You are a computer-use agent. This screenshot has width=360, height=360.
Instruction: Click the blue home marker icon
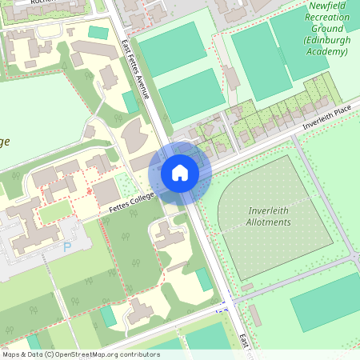pyautogui.click(x=180, y=172)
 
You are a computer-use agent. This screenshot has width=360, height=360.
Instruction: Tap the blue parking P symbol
pyautogui.click(x=67, y=247)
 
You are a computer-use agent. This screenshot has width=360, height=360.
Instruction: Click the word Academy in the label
pyautogui.click(x=326, y=51)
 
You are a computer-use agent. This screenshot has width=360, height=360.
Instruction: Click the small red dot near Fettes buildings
pyautogui.click(x=89, y=192)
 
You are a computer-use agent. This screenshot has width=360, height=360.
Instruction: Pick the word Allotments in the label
pyautogui.click(x=268, y=222)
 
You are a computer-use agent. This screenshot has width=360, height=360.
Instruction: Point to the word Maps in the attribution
pyautogui.click(x=13, y=354)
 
